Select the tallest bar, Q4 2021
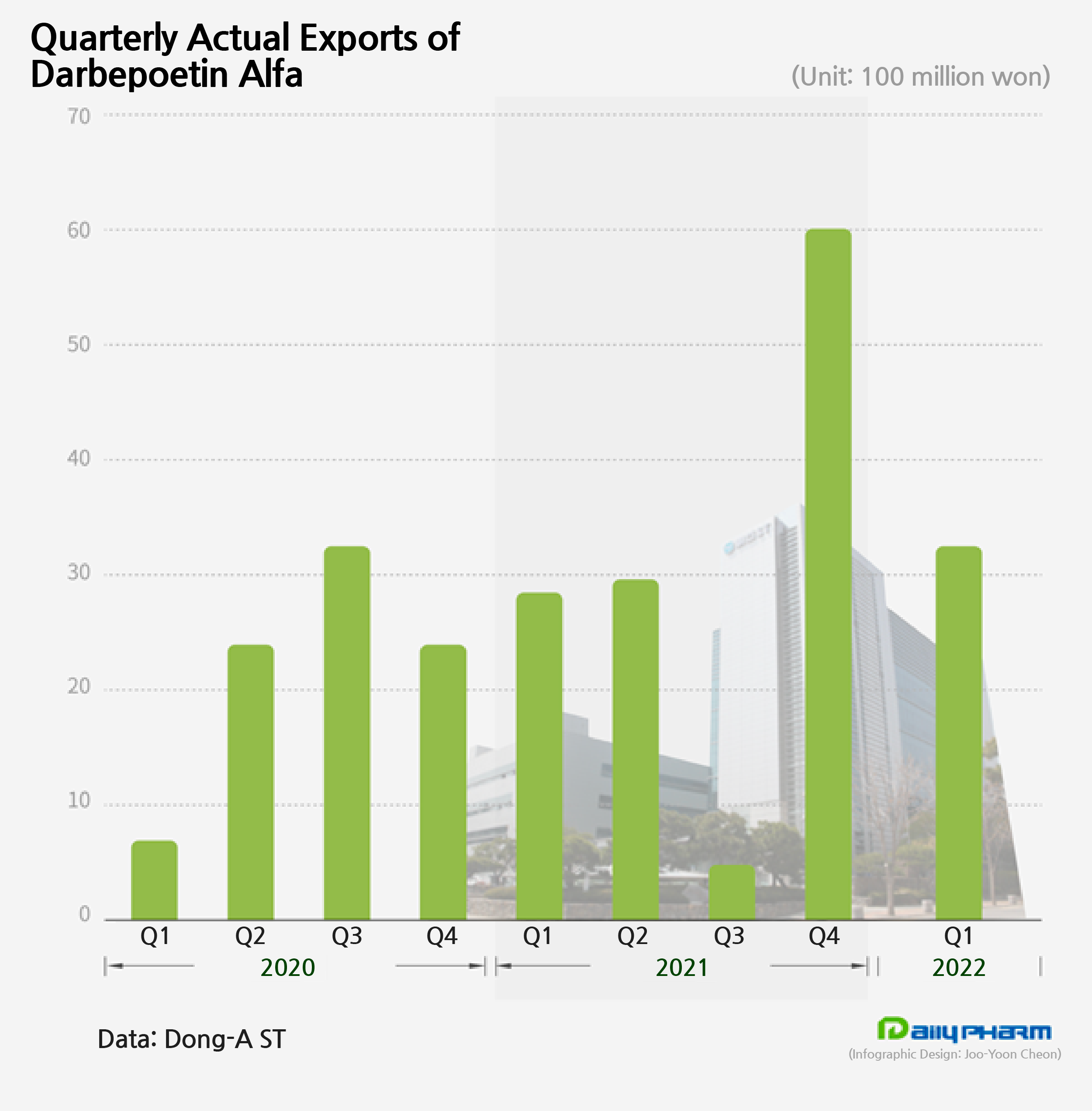click(828, 574)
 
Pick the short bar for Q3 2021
click(732, 892)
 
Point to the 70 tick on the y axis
click(79, 117)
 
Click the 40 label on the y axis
click(79, 458)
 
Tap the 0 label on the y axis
click(84, 914)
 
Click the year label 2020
click(287, 968)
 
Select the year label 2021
click(681, 968)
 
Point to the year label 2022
click(958, 968)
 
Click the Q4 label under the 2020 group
click(442, 936)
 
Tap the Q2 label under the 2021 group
click(632, 936)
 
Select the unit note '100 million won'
click(954, 76)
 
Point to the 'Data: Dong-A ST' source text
click(191, 1039)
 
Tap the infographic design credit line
click(954, 1054)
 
